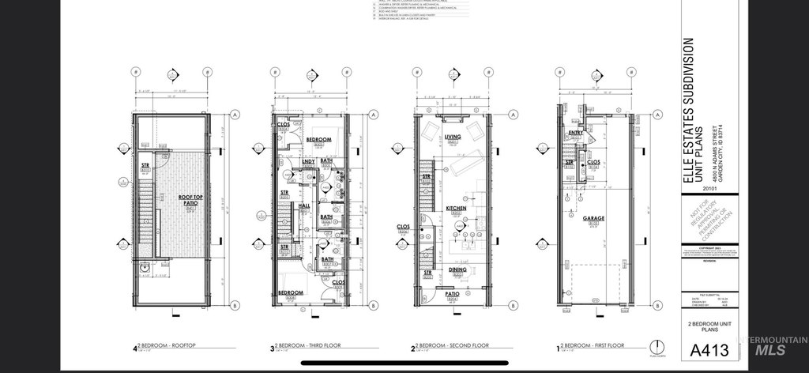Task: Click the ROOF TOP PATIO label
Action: (x=188, y=200)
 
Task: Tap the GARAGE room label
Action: (x=593, y=219)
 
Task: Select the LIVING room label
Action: (x=453, y=137)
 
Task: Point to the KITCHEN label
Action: (x=455, y=209)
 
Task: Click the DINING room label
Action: (x=458, y=269)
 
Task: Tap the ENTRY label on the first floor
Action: (x=575, y=133)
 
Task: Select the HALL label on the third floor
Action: (x=304, y=205)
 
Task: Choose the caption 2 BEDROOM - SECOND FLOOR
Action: (x=450, y=346)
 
